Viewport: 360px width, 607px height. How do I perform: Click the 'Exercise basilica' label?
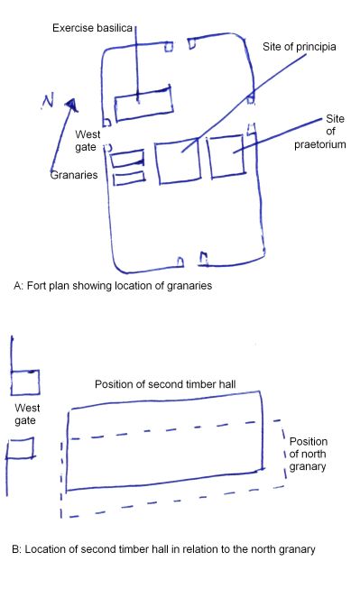click(x=92, y=28)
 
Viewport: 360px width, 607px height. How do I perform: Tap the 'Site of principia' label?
click(x=300, y=47)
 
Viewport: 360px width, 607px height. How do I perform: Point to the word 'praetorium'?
click(x=319, y=144)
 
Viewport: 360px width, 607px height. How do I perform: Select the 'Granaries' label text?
click(x=74, y=175)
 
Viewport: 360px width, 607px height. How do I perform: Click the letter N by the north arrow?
click(x=48, y=101)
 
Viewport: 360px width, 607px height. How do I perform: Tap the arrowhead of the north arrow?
click(x=71, y=105)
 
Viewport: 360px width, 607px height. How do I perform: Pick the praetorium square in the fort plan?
click(x=209, y=157)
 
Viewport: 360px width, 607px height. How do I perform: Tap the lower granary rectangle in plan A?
click(x=114, y=178)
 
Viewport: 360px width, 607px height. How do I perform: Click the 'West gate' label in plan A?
click(x=88, y=141)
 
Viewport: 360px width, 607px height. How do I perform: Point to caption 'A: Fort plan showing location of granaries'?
click(x=113, y=286)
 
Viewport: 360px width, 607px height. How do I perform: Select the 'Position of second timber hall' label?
click(x=165, y=384)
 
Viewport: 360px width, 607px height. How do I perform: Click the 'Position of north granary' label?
click(x=308, y=454)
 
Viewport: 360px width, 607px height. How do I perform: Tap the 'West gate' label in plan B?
click(x=27, y=414)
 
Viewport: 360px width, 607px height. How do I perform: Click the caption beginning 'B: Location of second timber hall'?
click(x=163, y=549)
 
